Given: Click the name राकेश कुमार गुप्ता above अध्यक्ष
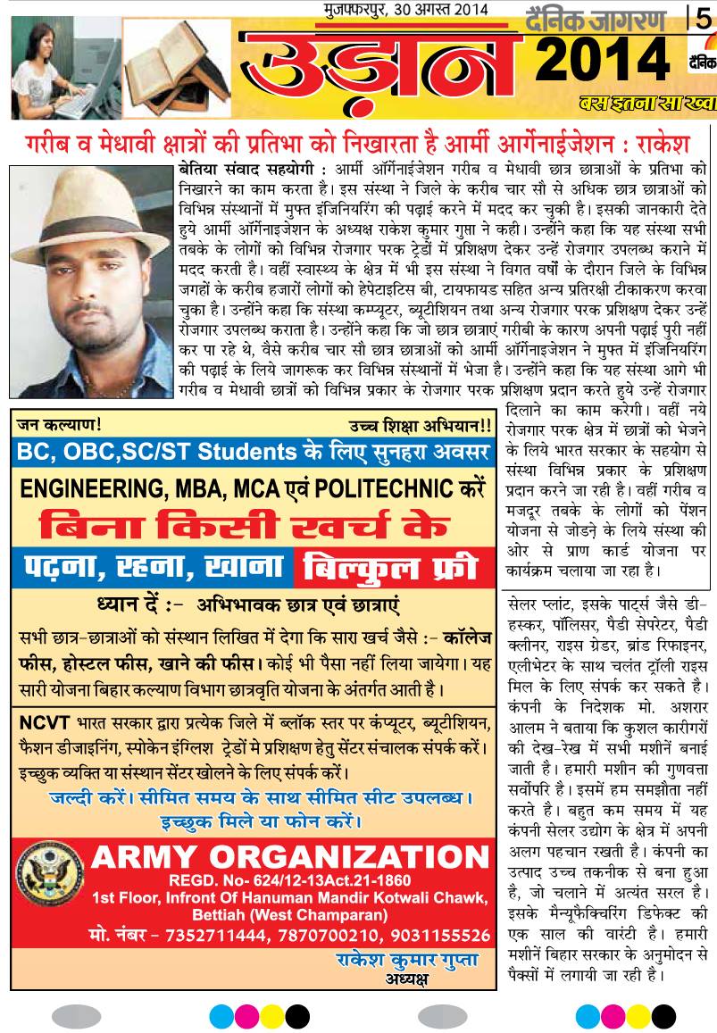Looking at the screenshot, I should [407, 960].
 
